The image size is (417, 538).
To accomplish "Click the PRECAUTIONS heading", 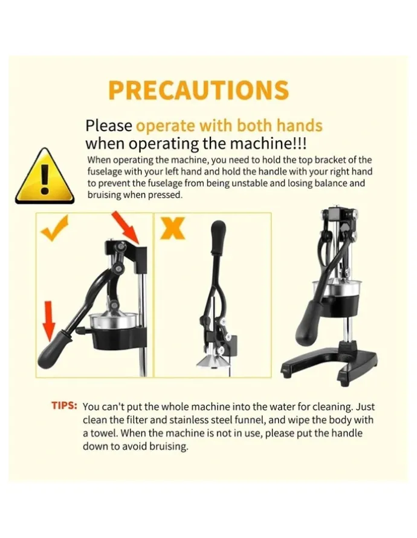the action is click(199, 90).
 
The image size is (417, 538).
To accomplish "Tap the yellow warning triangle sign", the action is click(44, 177).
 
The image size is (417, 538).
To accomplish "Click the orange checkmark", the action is click(54, 228).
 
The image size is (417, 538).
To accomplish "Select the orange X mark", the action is click(173, 228).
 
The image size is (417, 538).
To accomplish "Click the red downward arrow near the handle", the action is click(50, 321).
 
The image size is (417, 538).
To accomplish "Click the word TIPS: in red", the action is click(64, 406).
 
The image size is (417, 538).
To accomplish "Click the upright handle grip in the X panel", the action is click(218, 238).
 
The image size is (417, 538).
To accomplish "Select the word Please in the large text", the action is click(109, 126).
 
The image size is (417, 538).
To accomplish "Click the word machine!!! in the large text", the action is click(268, 144).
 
